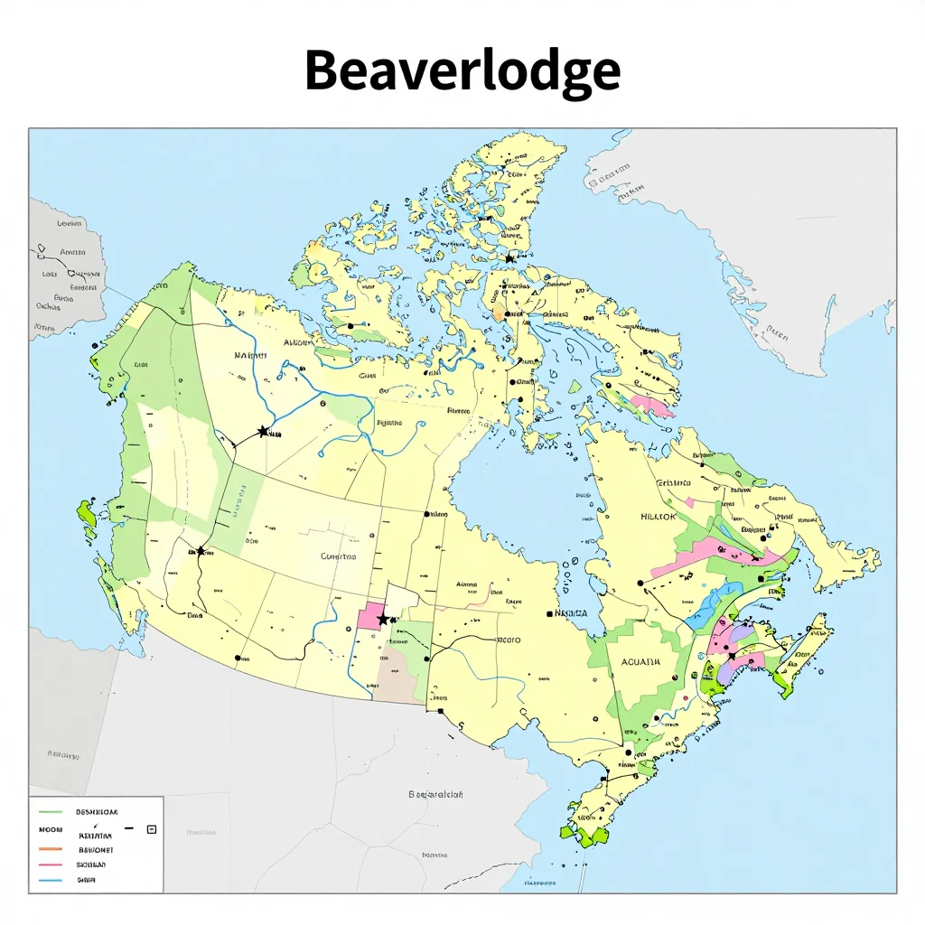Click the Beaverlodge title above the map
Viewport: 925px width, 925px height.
pos(462,70)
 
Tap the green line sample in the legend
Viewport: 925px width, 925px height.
pos(51,812)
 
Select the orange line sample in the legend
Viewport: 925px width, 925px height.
pos(51,850)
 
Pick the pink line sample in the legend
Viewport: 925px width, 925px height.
pos(51,864)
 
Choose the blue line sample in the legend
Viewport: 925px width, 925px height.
pos(51,878)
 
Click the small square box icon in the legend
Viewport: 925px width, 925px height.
pos(151,828)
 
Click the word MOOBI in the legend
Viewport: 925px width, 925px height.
pos(49,827)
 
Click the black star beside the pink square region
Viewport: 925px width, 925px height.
pos(384,619)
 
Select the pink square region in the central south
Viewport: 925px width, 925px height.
pos(370,616)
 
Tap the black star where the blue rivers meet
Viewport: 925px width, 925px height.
pos(263,432)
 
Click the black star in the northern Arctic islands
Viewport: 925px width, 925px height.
pos(509,259)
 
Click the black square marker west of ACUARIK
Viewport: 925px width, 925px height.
pos(549,613)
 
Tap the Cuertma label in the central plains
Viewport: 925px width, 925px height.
pos(339,557)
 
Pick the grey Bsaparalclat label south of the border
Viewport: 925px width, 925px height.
pos(435,795)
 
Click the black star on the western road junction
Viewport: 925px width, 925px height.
pos(201,551)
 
